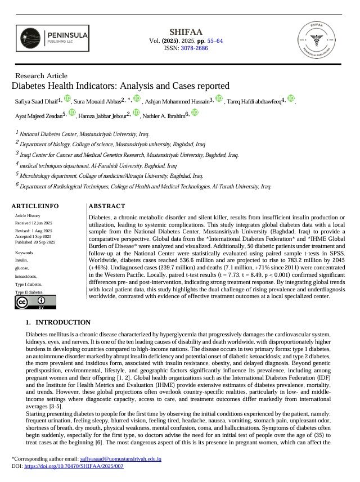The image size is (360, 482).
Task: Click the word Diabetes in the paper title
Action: [30, 86]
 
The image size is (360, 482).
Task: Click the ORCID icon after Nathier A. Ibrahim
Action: [195, 113]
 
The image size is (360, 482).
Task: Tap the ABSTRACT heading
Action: [107, 206]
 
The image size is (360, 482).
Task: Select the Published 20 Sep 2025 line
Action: [35, 242]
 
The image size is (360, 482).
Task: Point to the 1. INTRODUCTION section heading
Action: [58, 322]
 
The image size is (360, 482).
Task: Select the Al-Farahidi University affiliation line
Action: [98, 166]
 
